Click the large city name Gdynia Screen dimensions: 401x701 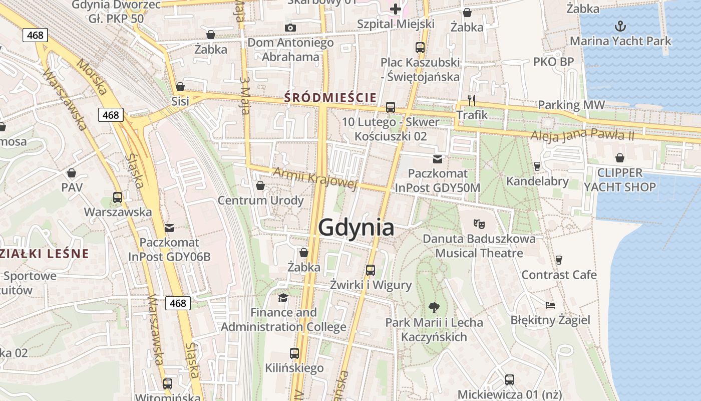coord(356,228)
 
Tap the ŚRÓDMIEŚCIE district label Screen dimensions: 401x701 coord(330,97)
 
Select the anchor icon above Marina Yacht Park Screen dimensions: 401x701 coord(620,26)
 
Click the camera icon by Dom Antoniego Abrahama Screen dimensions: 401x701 coord(290,28)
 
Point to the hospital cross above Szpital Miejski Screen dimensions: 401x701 coord(396,9)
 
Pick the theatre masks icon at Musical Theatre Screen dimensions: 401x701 coord(479,224)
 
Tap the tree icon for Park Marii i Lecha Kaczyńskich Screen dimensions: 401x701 coord(434,307)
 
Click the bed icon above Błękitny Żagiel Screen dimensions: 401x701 coord(550,305)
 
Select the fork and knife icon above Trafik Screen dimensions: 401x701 coord(471,100)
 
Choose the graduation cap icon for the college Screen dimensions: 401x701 coord(283,298)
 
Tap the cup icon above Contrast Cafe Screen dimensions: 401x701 coord(559,260)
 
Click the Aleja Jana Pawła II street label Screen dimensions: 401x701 coord(582,135)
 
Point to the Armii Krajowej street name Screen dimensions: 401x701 coord(315,179)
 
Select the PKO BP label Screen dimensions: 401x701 coord(553,62)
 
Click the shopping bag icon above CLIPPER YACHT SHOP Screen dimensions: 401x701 coord(620,158)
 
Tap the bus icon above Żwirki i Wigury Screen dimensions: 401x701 coord(371,270)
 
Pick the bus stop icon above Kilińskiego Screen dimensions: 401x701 coord(294,353)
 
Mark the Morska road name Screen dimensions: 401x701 coord(92,77)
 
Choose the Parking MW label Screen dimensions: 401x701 coord(571,105)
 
